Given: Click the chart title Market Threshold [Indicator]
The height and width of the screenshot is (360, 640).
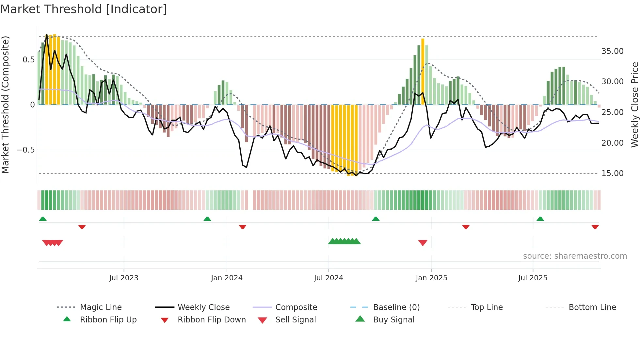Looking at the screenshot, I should point(84,9).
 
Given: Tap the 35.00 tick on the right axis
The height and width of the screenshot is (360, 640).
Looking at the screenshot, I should point(612,51).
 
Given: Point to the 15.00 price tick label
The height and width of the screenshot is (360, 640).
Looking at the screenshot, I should point(612,173).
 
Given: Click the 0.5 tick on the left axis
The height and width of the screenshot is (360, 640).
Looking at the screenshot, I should point(28,60).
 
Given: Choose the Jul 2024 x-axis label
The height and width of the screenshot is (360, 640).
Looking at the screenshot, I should point(328,278).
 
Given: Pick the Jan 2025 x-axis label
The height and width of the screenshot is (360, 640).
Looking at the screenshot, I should point(431,278).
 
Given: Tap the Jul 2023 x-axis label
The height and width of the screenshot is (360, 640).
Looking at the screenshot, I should point(124,278).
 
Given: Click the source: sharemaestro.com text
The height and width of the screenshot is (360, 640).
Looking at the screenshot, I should point(575,256).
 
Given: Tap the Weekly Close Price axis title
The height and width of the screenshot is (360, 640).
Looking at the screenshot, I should point(634,105).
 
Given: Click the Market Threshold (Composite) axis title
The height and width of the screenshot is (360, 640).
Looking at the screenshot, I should point(5,105).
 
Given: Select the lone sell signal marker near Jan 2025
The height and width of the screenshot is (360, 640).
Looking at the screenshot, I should point(423,243).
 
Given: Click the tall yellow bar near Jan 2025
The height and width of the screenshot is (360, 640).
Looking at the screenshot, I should point(423,72).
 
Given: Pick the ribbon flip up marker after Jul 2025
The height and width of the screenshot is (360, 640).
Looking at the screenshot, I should point(540,219).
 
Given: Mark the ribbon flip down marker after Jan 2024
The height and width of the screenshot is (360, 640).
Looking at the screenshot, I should point(242,227).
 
